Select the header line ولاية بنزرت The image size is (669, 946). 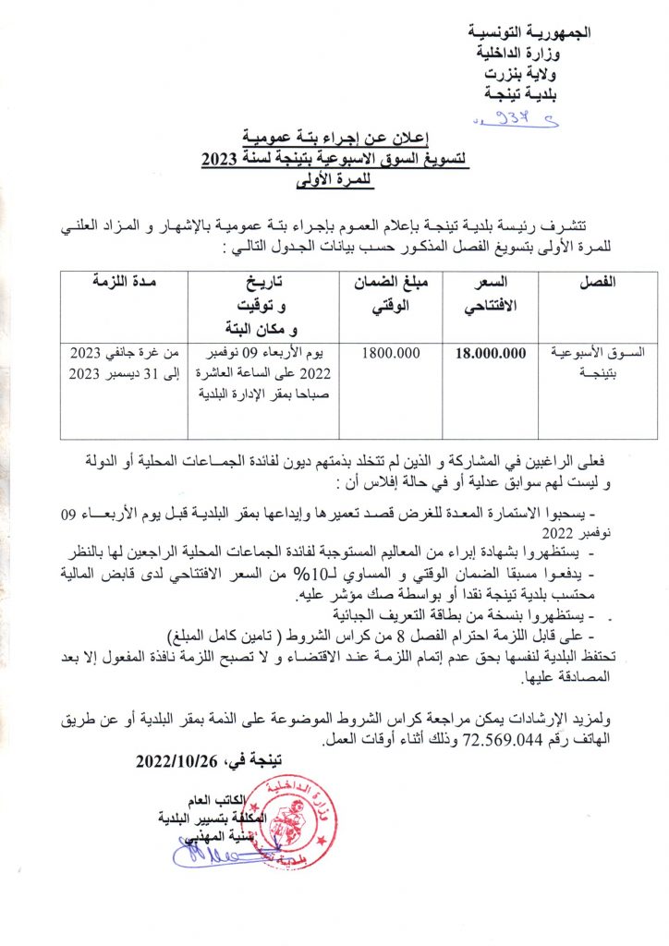(x=539, y=73)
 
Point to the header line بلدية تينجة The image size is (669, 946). (x=538, y=93)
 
